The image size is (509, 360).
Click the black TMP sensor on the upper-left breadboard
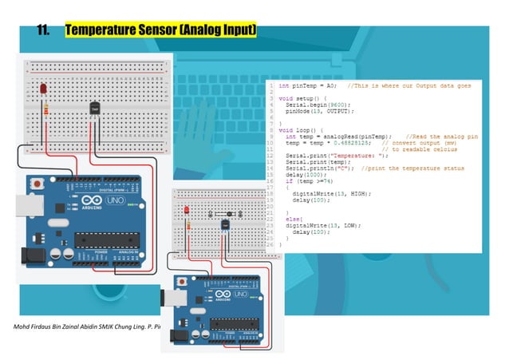coord(93,107)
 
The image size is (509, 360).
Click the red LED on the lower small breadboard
coord(187,210)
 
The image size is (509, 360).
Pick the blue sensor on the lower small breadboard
coord(226,224)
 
